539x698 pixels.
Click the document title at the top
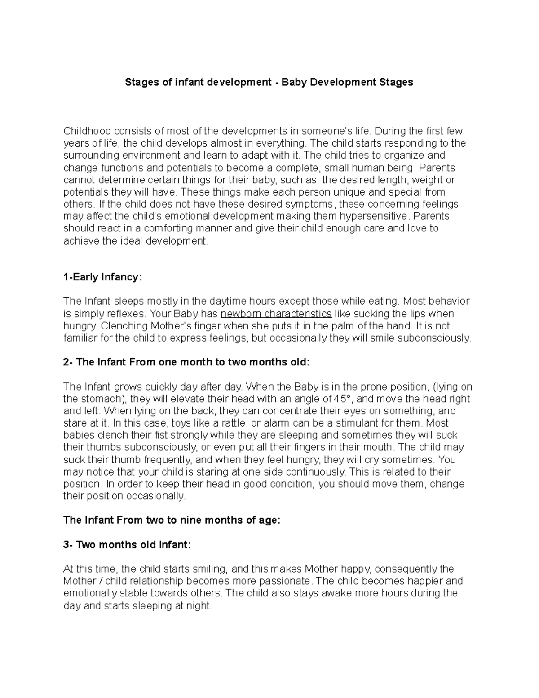click(x=269, y=82)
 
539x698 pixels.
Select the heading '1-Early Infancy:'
click(x=102, y=277)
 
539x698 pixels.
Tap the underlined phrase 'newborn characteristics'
click(x=277, y=313)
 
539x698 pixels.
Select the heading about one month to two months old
click(x=186, y=362)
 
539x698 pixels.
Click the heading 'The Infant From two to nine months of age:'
click(x=172, y=520)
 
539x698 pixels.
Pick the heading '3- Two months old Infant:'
click(x=127, y=545)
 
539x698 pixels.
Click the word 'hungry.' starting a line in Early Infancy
click(x=79, y=326)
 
